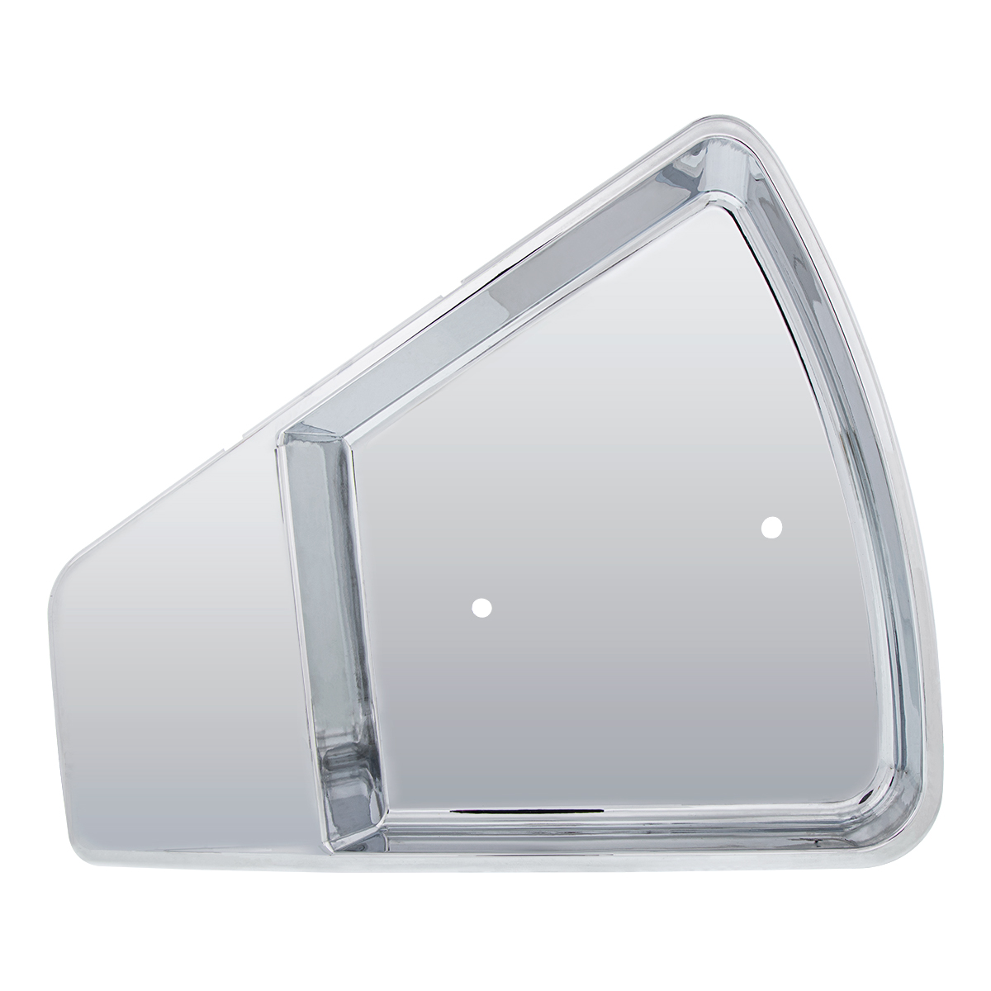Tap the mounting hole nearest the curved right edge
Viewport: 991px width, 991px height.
[x=771, y=527]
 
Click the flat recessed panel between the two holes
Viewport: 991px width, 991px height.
[x=628, y=570]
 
